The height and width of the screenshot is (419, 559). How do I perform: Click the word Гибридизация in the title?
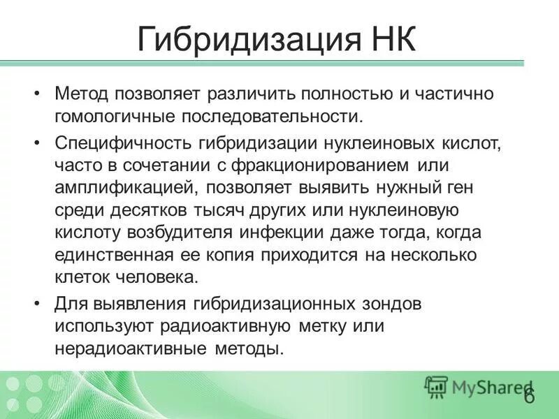(235, 39)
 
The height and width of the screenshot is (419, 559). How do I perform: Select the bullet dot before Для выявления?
(37, 304)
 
